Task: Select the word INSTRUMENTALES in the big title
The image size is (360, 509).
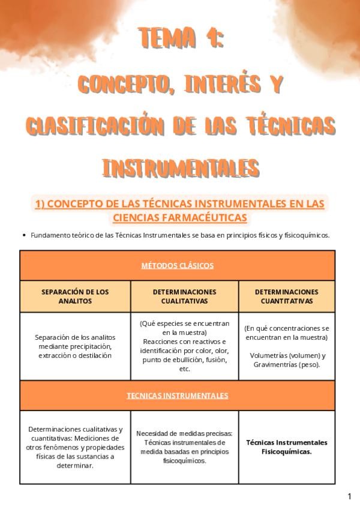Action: tap(181, 167)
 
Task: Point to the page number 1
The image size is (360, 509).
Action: tap(350, 496)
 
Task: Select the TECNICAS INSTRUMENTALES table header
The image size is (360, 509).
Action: tap(178, 396)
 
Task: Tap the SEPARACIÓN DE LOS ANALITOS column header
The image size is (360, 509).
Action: tap(76, 297)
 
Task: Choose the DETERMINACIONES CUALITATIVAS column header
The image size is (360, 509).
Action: tap(185, 297)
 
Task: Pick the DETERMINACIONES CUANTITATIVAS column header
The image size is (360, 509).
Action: tap(287, 297)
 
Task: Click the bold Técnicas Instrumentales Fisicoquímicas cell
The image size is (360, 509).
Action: tap(287, 447)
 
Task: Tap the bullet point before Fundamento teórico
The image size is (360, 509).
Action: tap(23, 235)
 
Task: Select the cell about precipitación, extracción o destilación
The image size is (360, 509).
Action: tap(76, 346)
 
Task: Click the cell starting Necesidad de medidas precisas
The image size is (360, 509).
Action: tap(185, 447)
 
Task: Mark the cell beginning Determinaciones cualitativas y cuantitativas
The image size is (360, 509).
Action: tap(76, 447)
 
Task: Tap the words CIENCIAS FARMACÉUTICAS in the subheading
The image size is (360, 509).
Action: tap(180, 217)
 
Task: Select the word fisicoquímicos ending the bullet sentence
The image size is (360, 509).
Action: tap(307, 235)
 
